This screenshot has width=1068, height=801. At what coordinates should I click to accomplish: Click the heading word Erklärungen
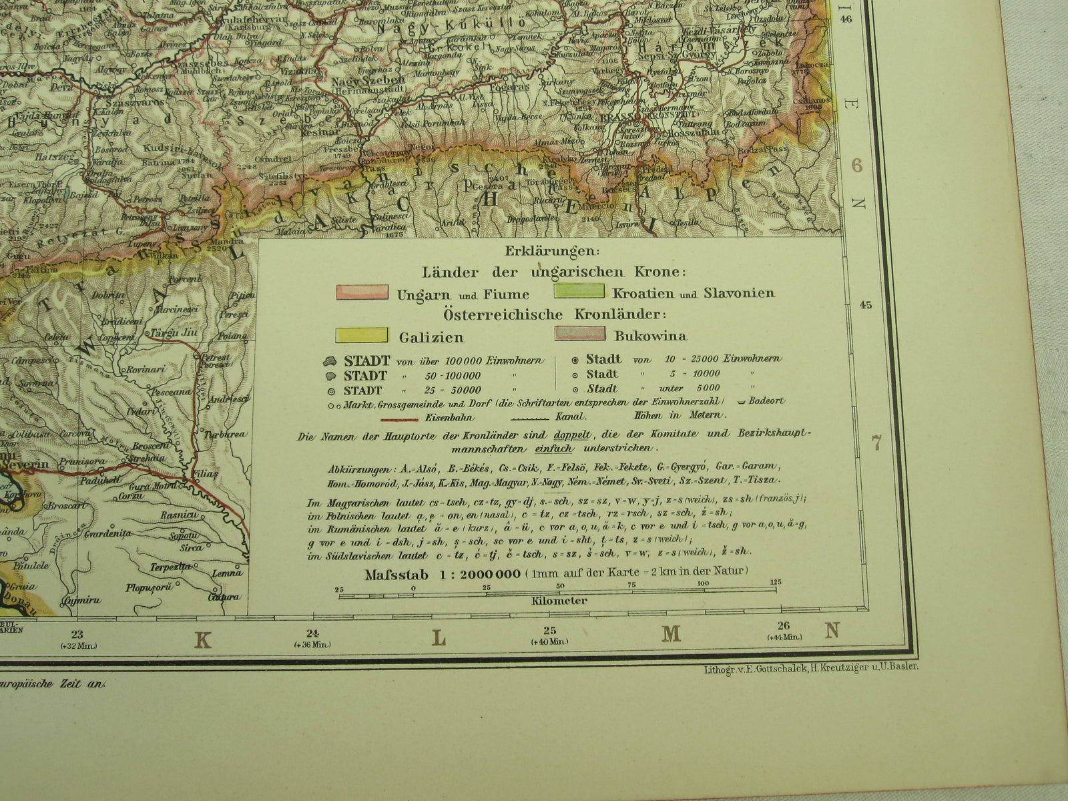553,252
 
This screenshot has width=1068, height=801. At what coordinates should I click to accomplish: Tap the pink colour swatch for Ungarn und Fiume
362,292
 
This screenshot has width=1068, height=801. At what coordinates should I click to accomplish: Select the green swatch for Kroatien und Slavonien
579,292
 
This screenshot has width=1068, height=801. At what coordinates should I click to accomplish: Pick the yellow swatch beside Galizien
362,335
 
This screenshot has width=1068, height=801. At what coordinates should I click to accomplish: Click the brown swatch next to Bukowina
579,334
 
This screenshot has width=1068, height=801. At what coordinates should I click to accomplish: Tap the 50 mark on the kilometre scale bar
559,585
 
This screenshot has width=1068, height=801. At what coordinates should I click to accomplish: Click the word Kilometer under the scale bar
559,601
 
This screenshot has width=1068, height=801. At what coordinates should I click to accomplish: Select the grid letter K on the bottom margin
202,640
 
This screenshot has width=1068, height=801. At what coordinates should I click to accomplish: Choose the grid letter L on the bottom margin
438,637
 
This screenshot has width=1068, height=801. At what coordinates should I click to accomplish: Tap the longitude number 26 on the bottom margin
784,625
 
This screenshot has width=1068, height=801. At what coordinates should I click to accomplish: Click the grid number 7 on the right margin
876,442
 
